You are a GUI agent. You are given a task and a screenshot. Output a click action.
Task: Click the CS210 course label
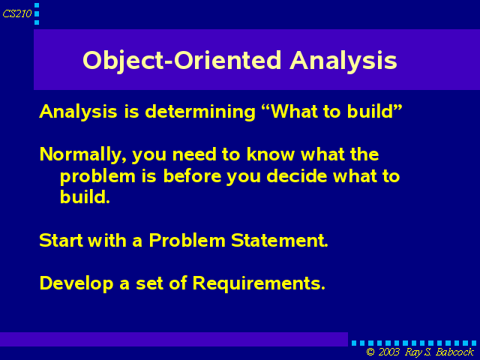(17, 13)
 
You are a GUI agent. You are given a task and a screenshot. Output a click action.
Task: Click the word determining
(200, 112)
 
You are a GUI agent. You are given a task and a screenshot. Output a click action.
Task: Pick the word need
(194, 154)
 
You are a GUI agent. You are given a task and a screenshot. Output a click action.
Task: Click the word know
(270, 154)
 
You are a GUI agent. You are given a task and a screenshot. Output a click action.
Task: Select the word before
(192, 176)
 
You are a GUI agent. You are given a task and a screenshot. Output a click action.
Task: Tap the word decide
(297, 176)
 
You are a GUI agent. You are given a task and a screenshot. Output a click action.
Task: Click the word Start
(61, 240)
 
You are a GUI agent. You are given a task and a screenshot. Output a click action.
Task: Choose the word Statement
(280, 240)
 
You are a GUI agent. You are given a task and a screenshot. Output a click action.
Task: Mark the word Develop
(76, 283)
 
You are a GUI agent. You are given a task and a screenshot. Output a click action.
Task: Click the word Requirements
(259, 283)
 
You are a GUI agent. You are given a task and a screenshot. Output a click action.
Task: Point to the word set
(149, 284)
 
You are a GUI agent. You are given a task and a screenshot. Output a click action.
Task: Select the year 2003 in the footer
(388, 352)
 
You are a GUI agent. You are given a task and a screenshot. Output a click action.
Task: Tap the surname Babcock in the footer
(455, 352)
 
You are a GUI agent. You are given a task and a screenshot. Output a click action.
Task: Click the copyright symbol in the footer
(370, 352)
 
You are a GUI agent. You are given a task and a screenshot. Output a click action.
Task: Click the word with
(107, 240)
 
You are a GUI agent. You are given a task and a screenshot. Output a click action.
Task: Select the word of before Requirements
(178, 283)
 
